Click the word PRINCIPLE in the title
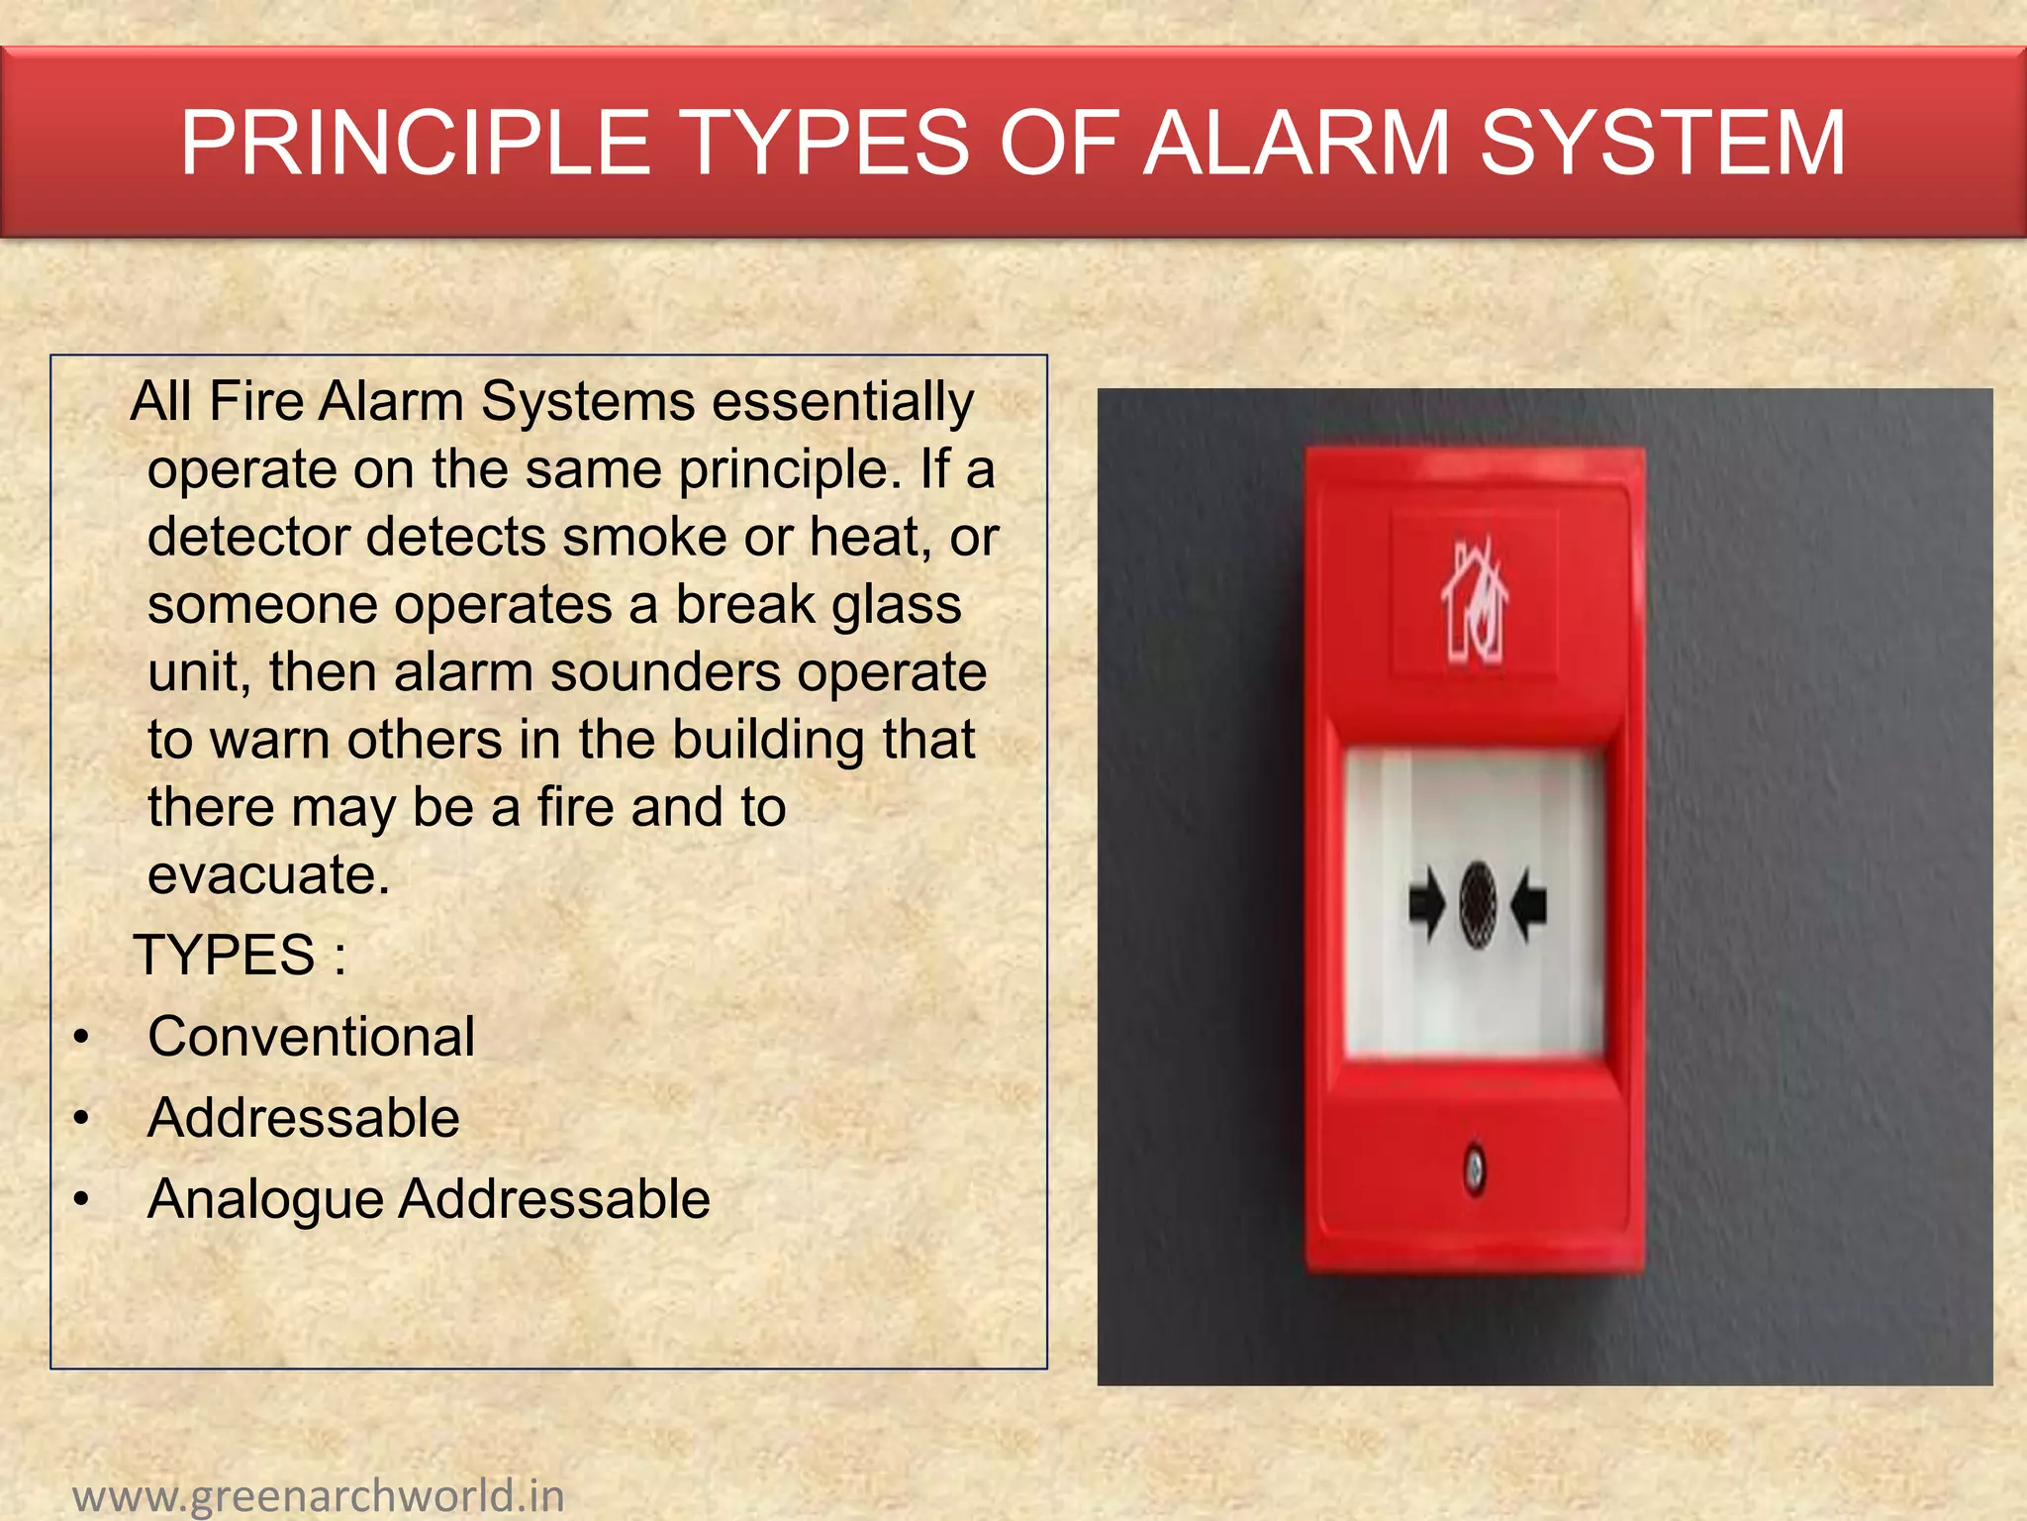(415, 144)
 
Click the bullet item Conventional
(311, 1037)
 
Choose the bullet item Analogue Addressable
(429, 1199)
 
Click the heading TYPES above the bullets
(225, 956)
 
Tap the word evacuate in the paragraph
(268, 875)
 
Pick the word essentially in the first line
(842, 403)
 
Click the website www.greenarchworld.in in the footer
(319, 1495)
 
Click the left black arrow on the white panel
(1427, 903)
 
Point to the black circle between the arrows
(1478, 903)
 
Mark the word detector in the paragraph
(248, 538)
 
